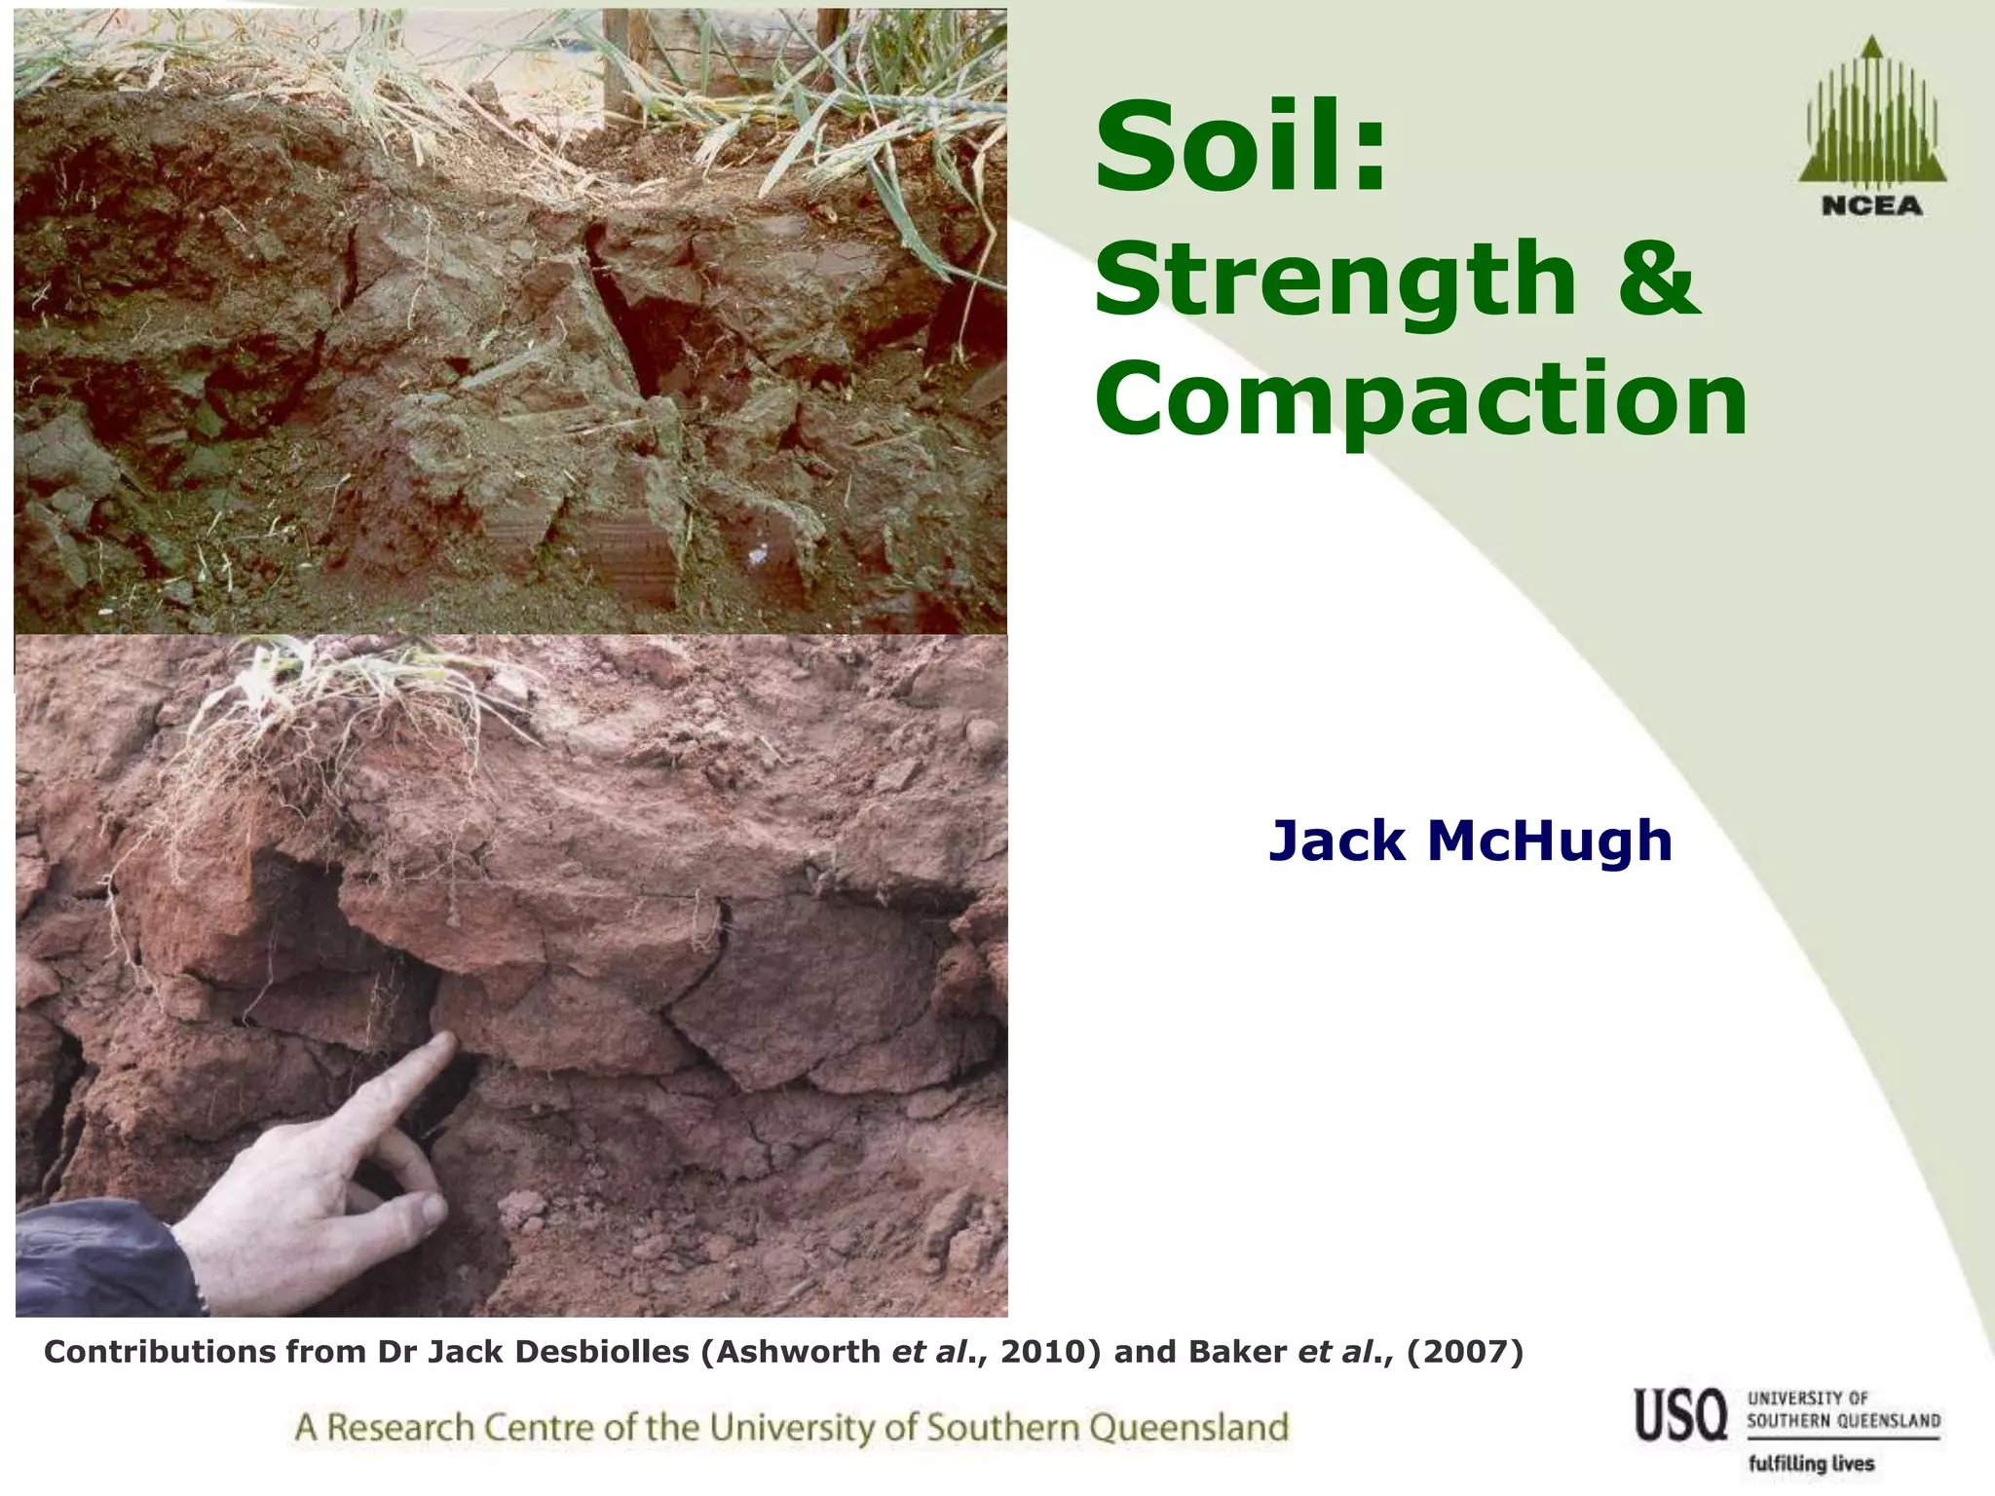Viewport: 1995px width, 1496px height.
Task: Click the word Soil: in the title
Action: (1241, 148)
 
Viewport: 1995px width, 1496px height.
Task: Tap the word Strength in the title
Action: (1335, 280)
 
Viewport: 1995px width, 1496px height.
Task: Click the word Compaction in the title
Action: (1421, 399)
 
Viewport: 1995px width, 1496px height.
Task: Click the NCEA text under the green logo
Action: (1871, 206)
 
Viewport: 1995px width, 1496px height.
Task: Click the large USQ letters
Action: (1680, 1415)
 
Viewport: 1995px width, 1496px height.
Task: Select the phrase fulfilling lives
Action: (1811, 1464)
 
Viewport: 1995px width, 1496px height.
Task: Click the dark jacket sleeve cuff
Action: (185, 1266)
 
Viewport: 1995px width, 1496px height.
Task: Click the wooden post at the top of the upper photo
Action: (617, 58)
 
